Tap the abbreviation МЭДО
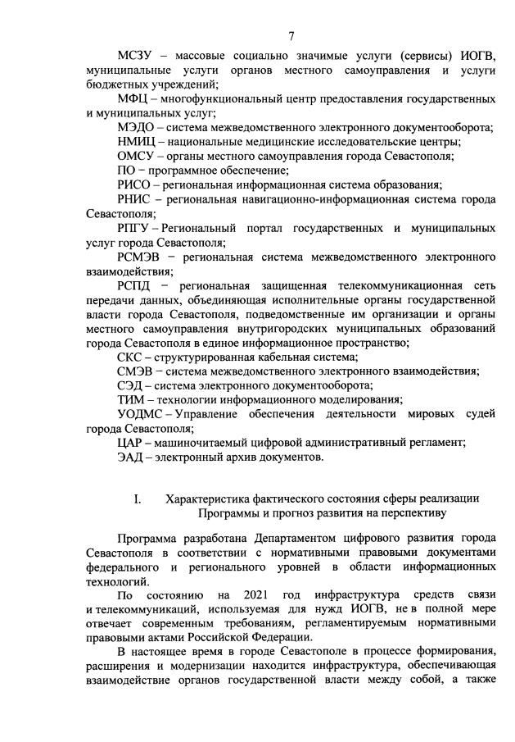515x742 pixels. point(137,127)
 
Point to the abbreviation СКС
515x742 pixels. point(131,357)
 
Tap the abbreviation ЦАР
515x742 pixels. point(132,443)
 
